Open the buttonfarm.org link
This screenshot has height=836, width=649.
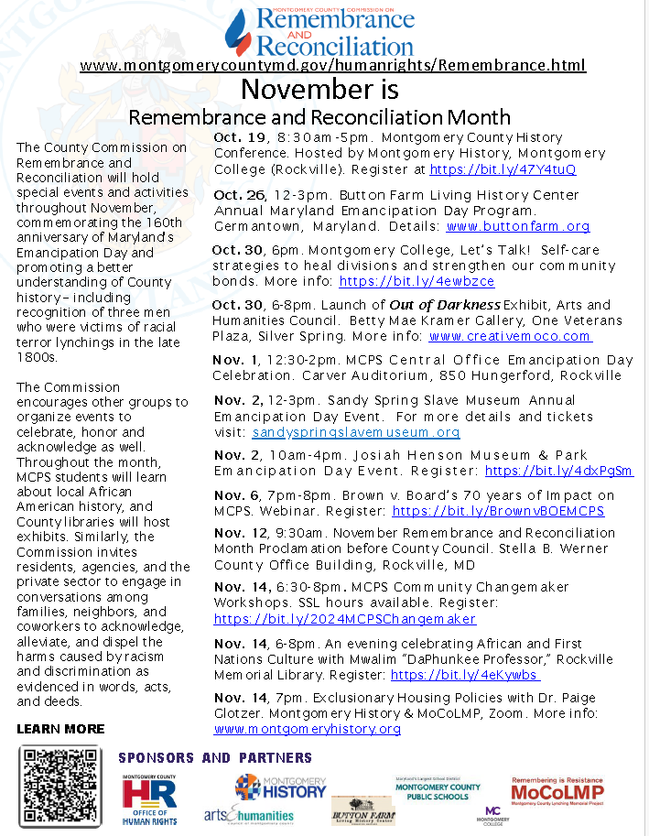[x=518, y=226]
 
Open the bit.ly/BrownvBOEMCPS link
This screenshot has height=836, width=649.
[x=498, y=511]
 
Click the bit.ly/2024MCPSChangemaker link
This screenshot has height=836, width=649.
[x=345, y=619]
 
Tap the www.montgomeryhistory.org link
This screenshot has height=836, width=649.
[x=308, y=729]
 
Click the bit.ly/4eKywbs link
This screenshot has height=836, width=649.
[x=465, y=675]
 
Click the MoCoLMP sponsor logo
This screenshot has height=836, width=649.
[x=557, y=789]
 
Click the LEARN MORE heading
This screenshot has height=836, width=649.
[x=60, y=729]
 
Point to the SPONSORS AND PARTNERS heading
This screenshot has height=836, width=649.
[x=215, y=758]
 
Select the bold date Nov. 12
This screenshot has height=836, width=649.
[x=240, y=532]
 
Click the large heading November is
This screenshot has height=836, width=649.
[x=319, y=90]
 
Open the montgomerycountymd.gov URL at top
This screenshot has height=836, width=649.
[x=332, y=65]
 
